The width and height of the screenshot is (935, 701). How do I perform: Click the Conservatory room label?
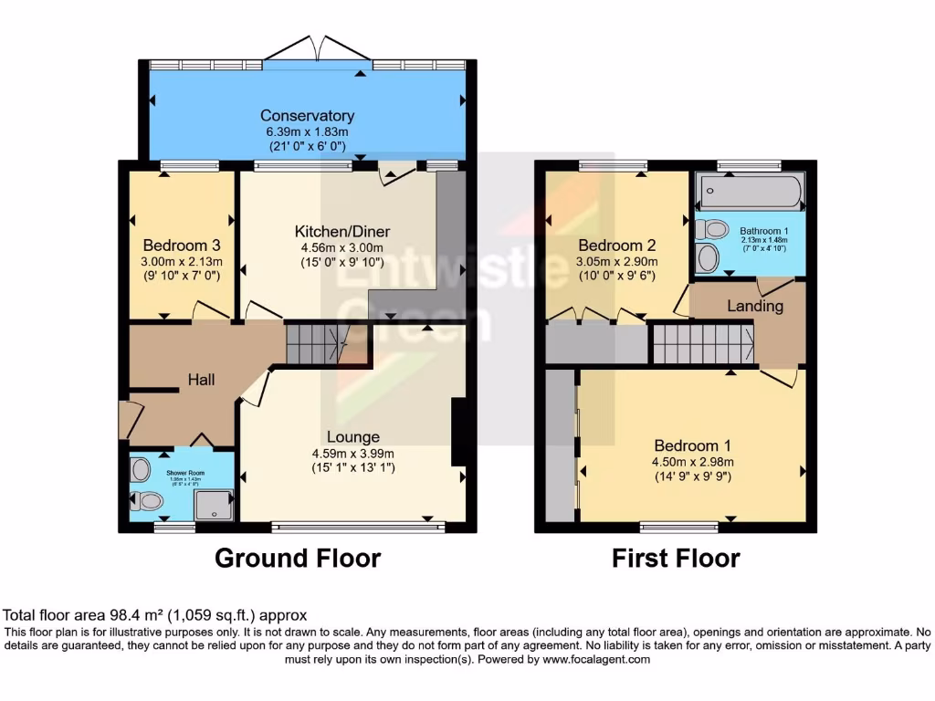[x=307, y=116]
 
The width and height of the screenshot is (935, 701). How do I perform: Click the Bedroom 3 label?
[x=182, y=246]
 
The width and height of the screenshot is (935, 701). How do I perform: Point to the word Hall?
[x=201, y=379]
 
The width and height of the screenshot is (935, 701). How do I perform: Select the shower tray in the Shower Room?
[x=214, y=505]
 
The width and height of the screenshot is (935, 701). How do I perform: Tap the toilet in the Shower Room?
[x=147, y=500]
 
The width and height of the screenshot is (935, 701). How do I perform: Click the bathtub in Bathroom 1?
[x=750, y=193]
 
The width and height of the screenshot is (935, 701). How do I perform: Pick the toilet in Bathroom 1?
[x=711, y=228]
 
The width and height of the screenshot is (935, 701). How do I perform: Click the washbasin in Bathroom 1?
[x=707, y=257]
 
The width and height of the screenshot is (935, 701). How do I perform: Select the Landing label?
[x=755, y=306]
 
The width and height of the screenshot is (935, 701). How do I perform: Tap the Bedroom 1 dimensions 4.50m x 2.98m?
[x=692, y=462]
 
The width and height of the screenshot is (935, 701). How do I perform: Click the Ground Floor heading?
[x=298, y=558]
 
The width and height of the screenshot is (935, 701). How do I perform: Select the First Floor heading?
[x=676, y=558]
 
